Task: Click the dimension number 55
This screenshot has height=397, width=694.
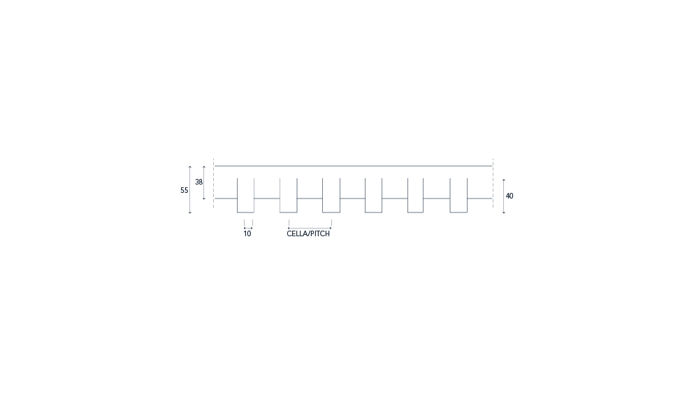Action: (184, 190)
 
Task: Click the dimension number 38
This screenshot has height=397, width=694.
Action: (198, 182)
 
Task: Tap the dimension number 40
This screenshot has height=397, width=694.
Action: (509, 196)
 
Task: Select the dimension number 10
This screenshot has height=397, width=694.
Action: (247, 233)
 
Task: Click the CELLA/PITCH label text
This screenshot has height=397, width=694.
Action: (308, 233)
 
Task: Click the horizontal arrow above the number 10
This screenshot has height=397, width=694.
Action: (248, 229)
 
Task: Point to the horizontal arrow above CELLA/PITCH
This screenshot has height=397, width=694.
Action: (310, 229)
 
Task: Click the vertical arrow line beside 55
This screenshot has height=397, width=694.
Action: (190, 190)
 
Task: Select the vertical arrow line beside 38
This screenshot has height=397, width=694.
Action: (204, 183)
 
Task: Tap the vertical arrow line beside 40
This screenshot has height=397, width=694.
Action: (504, 196)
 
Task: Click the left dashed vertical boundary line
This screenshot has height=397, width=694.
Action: (213, 183)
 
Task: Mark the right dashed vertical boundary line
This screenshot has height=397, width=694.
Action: (493, 183)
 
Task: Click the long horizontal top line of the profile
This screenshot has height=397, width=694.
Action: (353, 166)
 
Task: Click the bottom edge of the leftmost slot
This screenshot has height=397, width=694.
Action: (245, 212)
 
